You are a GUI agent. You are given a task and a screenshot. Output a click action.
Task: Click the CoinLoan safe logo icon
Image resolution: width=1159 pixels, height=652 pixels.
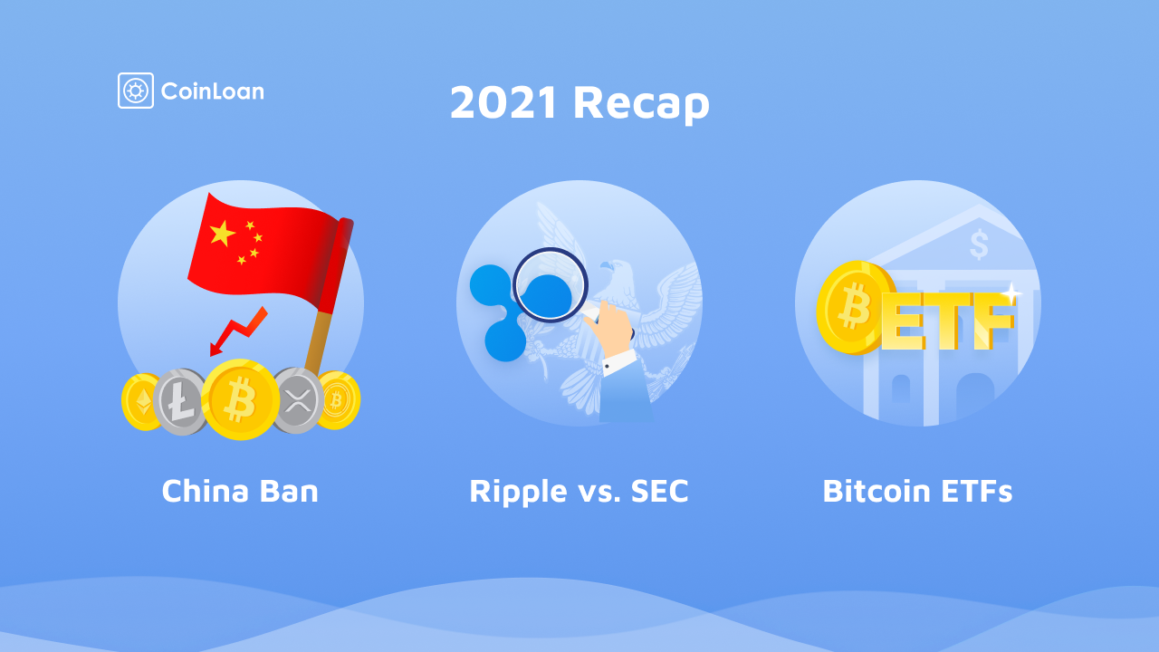136,91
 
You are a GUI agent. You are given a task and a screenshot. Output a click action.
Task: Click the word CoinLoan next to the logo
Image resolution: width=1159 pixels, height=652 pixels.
213,91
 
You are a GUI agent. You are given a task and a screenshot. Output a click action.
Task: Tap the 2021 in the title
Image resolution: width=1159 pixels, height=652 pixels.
503,102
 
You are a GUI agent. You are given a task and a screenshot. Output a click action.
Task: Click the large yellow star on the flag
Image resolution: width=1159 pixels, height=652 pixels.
223,233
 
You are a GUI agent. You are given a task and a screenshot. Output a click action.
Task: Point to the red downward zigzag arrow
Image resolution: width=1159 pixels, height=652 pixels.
238,331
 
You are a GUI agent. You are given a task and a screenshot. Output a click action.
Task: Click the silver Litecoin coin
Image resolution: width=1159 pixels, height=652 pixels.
180,401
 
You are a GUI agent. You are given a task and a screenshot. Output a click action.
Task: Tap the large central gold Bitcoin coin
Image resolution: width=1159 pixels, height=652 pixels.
240,399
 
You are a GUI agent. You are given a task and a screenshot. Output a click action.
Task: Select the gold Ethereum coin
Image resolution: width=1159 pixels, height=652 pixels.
139,402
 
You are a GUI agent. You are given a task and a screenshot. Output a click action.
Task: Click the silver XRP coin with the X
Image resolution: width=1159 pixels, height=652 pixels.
299,400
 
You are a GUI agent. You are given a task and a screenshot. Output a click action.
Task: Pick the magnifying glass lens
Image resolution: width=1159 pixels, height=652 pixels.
550,285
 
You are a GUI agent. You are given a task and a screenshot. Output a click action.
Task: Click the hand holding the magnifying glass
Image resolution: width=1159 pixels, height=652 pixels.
609,330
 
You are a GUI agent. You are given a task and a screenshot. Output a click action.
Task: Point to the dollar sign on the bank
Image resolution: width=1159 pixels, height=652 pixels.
979,244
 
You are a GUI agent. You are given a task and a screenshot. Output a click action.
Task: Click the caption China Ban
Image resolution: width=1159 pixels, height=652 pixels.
240,491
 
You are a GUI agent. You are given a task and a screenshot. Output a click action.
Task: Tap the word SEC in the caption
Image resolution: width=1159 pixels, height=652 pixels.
660,491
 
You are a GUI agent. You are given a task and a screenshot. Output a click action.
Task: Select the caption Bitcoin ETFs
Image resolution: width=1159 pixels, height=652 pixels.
917,491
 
